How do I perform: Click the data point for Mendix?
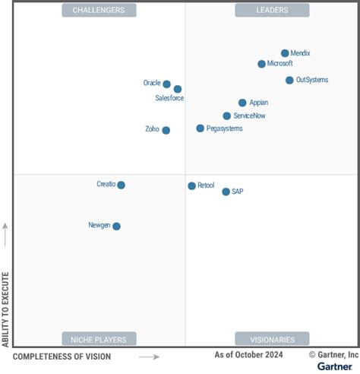pyautogui.click(x=285, y=53)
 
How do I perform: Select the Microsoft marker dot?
pyautogui.click(x=261, y=64)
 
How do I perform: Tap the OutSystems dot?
pyautogui.click(x=289, y=80)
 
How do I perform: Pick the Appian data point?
pyautogui.click(x=242, y=103)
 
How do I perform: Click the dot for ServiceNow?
pyautogui.click(x=226, y=116)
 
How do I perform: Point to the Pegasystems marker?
pyautogui.click(x=200, y=128)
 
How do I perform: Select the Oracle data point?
pyautogui.click(x=167, y=84)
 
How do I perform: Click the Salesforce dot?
pyautogui.click(x=178, y=89)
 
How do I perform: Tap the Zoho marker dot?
pyautogui.click(x=166, y=130)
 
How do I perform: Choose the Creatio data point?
pyautogui.click(x=121, y=185)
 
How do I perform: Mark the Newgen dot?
pyautogui.click(x=116, y=226)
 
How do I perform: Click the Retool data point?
pyautogui.click(x=191, y=185)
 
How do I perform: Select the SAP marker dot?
pyautogui.click(x=226, y=192)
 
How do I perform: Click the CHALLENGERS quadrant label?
pyautogui.click(x=99, y=10)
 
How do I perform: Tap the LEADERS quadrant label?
pyautogui.click(x=272, y=10)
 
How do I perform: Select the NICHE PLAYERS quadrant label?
pyautogui.click(x=99, y=339)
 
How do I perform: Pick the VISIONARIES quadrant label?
pyautogui.click(x=272, y=339)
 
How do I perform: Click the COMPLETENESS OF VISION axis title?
pyautogui.click(x=62, y=357)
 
